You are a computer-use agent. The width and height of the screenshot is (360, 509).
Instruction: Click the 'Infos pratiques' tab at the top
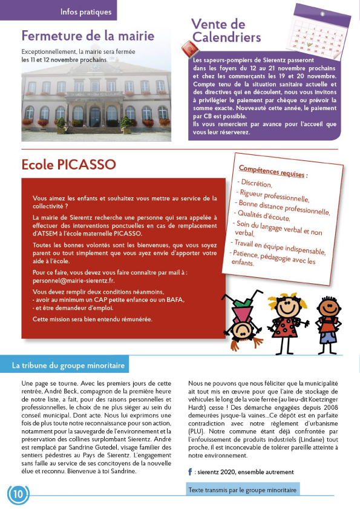coord(86,11)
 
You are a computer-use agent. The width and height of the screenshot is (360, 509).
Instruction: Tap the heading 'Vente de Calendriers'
coord(226,31)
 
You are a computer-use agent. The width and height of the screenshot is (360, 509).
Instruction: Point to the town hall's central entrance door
coord(94,116)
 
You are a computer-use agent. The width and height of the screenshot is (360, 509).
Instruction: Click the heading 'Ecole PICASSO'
coord(68,165)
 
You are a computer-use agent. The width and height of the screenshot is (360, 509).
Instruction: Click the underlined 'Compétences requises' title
coord(273,171)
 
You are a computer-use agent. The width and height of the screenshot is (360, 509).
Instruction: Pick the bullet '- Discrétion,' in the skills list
coord(256,183)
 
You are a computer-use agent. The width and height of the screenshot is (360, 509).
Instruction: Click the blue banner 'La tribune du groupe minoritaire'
coord(68,366)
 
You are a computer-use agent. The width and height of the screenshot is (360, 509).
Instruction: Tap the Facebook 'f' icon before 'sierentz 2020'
coord(190,471)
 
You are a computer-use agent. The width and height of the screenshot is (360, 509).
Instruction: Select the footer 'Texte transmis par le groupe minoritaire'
coord(242,490)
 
